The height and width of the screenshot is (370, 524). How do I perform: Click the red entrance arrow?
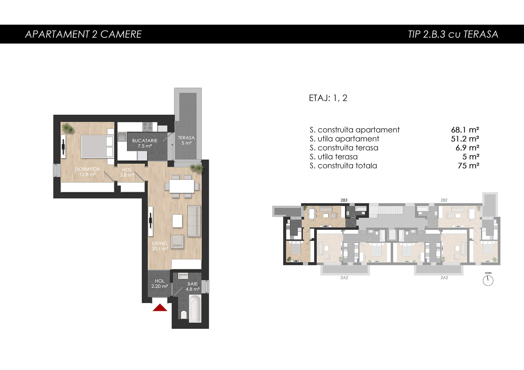(x=160, y=308)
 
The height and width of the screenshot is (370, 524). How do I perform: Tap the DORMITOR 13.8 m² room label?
(x=87, y=172)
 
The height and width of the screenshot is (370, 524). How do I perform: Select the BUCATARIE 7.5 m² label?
(x=145, y=143)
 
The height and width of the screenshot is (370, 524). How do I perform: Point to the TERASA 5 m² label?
(x=186, y=140)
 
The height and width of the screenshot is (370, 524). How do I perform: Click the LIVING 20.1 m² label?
(x=160, y=246)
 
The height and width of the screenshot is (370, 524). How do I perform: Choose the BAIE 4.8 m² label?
(x=193, y=287)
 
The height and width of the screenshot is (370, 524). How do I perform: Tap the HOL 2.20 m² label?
(x=160, y=284)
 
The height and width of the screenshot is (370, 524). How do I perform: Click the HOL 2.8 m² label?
(x=127, y=172)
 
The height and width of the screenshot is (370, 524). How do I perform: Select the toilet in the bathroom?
(x=184, y=315)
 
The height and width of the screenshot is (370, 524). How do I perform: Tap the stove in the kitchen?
(x=147, y=127)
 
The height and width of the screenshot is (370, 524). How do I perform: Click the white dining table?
(x=182, y=186)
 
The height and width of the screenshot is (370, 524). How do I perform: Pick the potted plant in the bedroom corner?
(x=68, y=128)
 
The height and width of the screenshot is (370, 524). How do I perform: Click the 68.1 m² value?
(x=465, y=130)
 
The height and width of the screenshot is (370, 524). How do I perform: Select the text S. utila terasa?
(x=334, y=157)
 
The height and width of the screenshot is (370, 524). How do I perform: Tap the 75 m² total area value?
(x=468, y=166)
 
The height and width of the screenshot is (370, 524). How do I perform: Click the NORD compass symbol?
(x=488, y=281)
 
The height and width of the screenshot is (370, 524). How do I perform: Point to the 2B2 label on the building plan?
(x=444, y=200)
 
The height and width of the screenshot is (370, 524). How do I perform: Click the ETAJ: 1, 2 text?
(x=328, y=98)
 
